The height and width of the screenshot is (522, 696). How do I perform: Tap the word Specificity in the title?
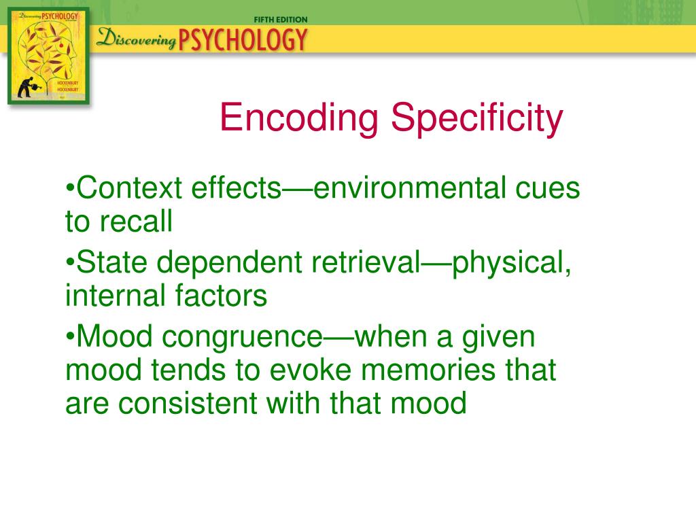point(475,118)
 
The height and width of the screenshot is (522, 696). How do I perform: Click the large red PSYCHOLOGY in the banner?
point(243,40)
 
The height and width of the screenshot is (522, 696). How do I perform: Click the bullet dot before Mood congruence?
point(70,337)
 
